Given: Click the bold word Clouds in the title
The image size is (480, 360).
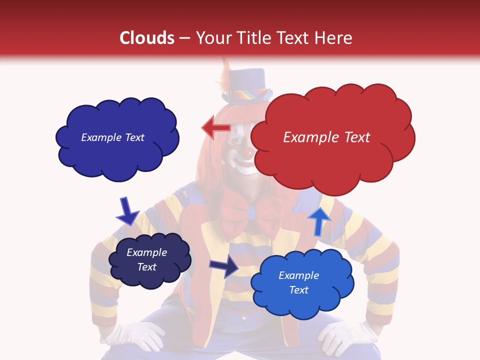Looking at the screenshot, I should pyautogui.click(x=147, y=38).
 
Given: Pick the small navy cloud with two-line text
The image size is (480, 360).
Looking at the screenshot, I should pyautogui.click(x=149, y=260).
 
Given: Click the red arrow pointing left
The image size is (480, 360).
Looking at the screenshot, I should pyautogui.click(x=215, y=128).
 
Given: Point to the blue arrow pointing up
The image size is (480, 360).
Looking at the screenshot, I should pyautogui.click(x=319, y=220).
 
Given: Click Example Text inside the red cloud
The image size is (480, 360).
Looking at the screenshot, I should pyautogui.click(x=326, y=137).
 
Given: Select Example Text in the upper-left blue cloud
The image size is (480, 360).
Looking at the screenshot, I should pyautogui.click(x=112, y=137).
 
